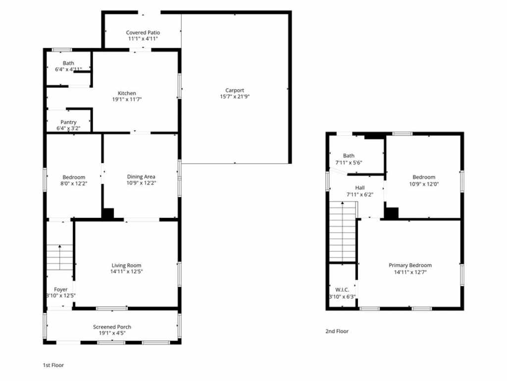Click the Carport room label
tap(235, 90)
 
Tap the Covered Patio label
tap(143, 32)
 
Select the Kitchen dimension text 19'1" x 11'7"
tap(127, 99)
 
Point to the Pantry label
tap(68, 122)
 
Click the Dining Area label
tap(141, 177)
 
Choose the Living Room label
tap(126, 265)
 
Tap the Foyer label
tap(61, 290)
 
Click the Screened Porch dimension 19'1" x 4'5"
tap(112, 333)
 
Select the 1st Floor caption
tap(53, 365)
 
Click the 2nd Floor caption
tap(337, 331)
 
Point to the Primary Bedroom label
tap(410, 265)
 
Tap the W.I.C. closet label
tap(342, 290)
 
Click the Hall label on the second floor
tap(360, 188)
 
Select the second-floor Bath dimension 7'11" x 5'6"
tap(349, 163)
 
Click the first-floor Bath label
tap(68, 63)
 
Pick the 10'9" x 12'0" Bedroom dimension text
tap(424, 184)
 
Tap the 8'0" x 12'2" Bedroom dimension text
tap(74, 184)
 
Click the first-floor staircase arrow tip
tap(60, 246)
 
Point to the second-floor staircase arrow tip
tap(343, 203)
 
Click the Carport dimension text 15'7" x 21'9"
tap(235, 97)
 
